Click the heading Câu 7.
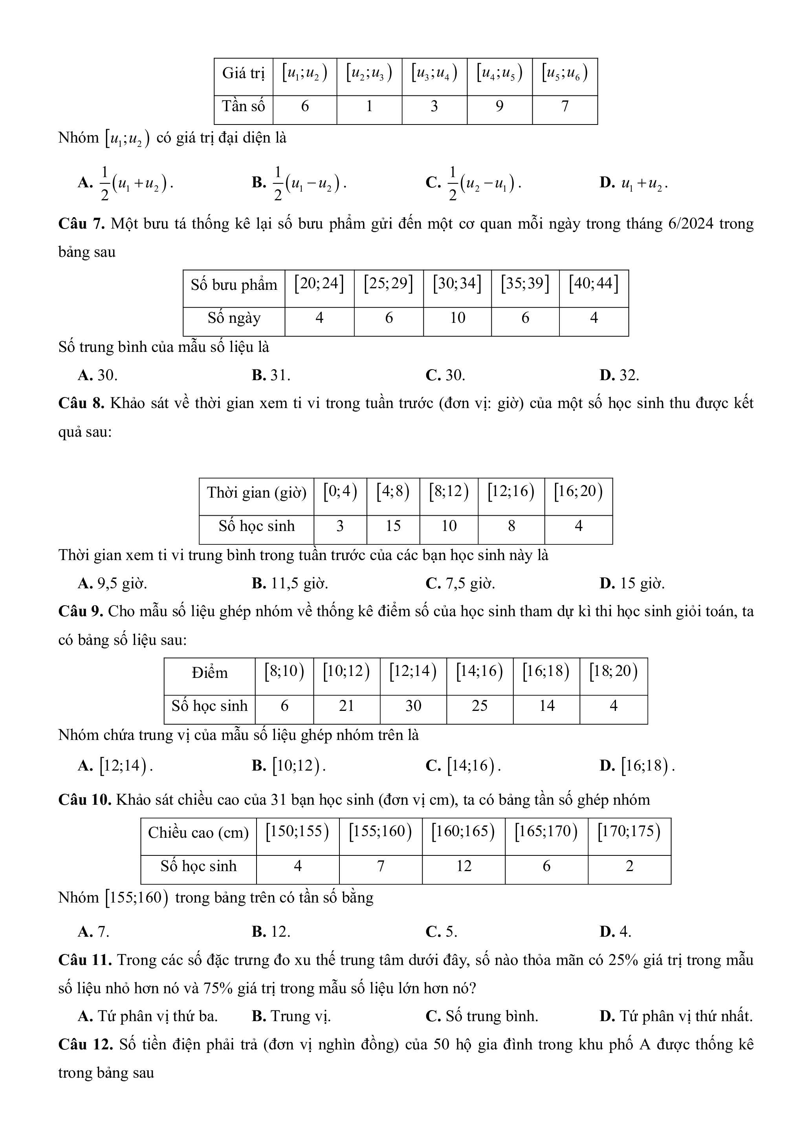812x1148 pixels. pos(81,223)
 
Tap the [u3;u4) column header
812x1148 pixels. pos(434,73)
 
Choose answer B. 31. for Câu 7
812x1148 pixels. pos(271,375)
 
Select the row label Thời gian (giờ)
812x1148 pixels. pos(256,493)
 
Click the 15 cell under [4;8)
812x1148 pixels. pos(393,526)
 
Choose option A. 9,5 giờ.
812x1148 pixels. pos(112,584)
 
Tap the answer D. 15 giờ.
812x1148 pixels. pos(632,584)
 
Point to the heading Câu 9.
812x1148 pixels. pos(81,612)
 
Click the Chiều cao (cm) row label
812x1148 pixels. pos(198,833)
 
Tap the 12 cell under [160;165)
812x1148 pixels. pos(464,866)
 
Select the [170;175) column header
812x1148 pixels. pos(629,831)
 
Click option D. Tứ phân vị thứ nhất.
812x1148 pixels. pos(676,1016)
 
